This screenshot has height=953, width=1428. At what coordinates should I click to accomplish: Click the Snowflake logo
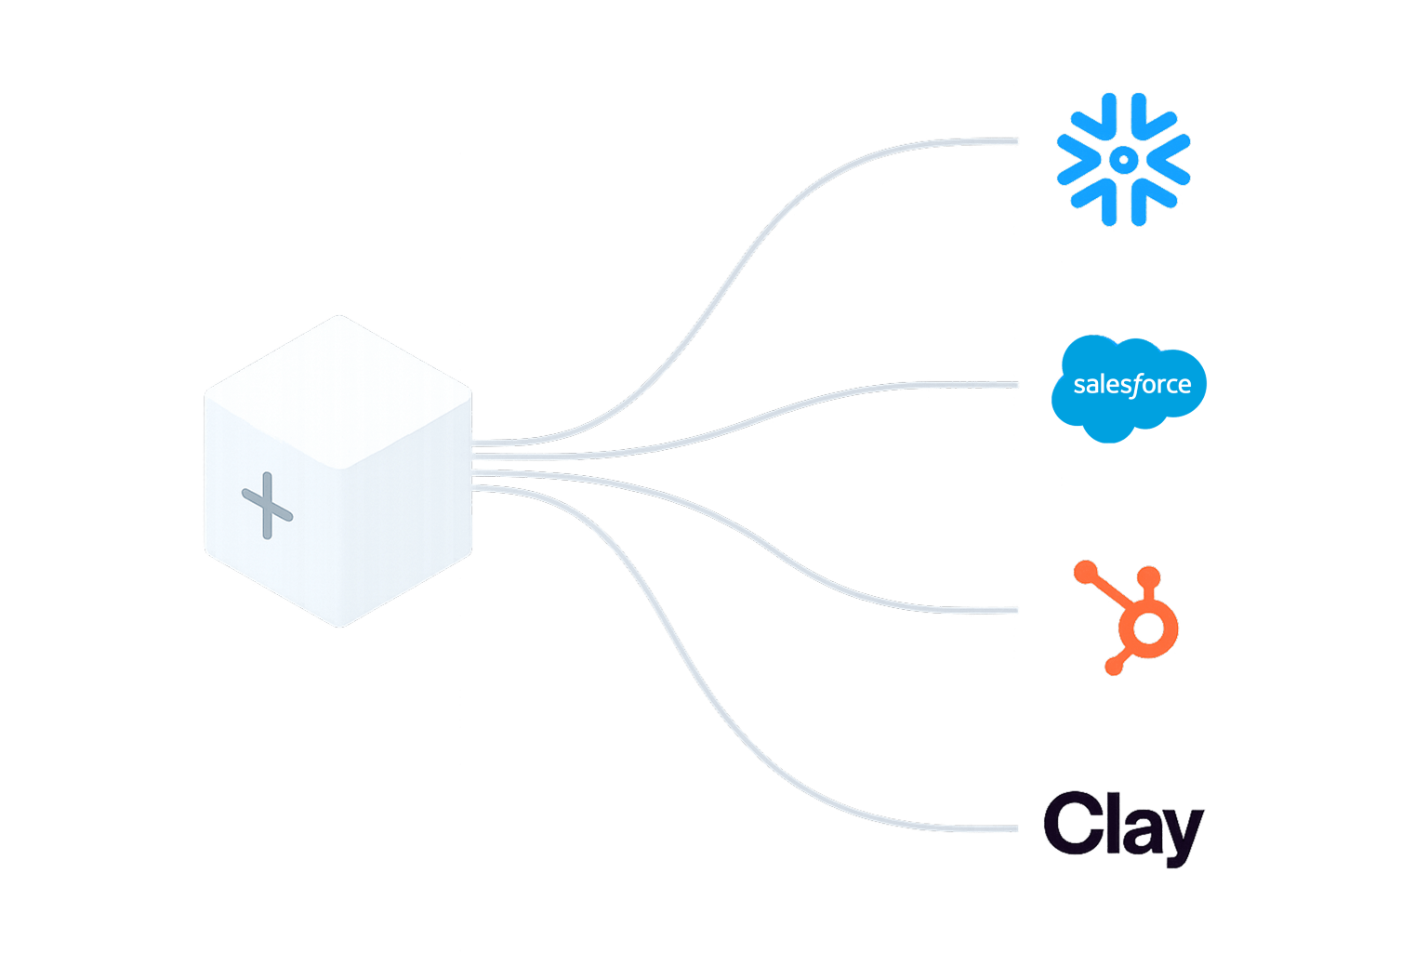[x=1123, y=159]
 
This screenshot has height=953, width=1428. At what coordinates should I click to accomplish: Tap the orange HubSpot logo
[x=1130, y=617]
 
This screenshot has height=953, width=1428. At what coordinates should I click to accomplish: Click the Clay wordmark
[x=1122, y=827]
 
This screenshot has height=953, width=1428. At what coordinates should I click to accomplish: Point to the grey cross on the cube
[x=268, y=506]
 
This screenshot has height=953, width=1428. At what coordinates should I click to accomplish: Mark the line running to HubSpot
[x=790, y=559]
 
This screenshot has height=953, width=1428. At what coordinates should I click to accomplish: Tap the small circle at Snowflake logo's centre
[x=1123, y=160]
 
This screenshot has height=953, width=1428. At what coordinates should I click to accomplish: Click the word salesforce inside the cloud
[x=1131, y=385]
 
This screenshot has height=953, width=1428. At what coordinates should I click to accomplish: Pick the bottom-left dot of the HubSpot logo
[x=1111, y=666]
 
